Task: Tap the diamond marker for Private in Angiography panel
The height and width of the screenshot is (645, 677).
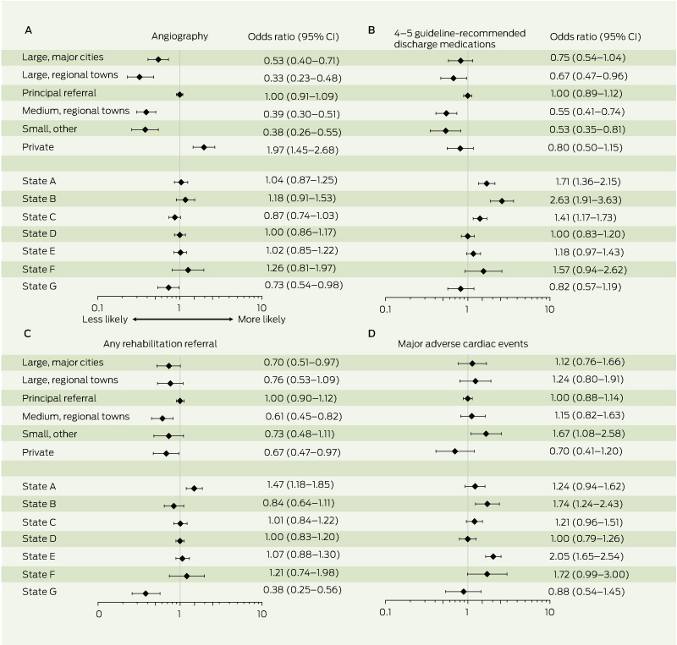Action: point(204,147)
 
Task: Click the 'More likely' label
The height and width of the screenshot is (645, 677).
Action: point(260,320)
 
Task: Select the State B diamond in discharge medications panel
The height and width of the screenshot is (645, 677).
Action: point(502,200)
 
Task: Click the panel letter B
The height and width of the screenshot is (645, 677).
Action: point(372,30)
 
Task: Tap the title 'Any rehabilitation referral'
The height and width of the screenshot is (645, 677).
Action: point(179,343)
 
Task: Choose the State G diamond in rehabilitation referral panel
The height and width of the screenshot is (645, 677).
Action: point(146,593)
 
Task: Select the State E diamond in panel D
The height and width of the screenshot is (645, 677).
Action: point(493,556)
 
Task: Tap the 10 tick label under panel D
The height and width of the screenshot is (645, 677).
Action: point(549,612)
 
